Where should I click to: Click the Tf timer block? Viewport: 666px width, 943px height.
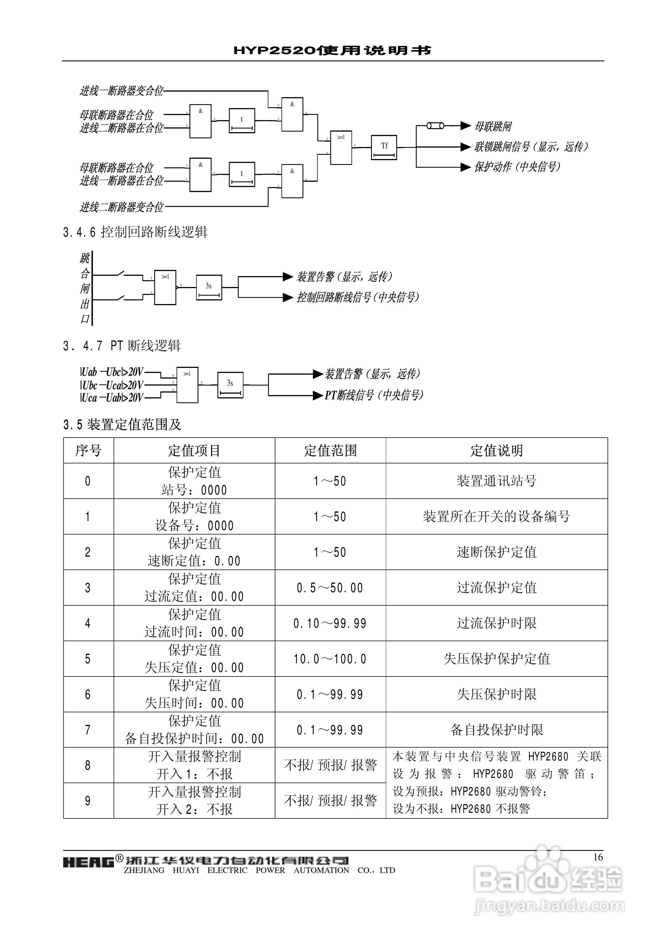(x=384, y=147)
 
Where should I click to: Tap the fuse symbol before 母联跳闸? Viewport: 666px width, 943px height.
(x=435, y=126)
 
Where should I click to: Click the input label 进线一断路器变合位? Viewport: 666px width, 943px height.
(x=121, y=91)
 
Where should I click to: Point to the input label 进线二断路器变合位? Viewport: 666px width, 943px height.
(x=121, y=207)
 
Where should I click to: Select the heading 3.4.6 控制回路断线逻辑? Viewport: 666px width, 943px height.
(x=135, y=232)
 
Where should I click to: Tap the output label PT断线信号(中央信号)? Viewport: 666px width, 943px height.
(x=374, y=395)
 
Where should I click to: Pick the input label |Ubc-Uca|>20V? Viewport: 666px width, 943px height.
(x=112, y=385)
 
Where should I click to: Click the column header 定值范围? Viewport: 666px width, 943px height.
(x=330, y=451)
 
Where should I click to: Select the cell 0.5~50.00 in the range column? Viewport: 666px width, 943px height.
(x=330, y=588)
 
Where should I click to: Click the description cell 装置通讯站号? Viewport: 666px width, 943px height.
(x=496, y=481)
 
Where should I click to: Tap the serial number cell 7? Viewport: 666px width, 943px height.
(x=88, y=730)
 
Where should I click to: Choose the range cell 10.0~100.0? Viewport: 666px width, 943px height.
(x=330, y=659)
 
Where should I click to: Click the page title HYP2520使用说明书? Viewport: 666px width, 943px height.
(x=333, y=50)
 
